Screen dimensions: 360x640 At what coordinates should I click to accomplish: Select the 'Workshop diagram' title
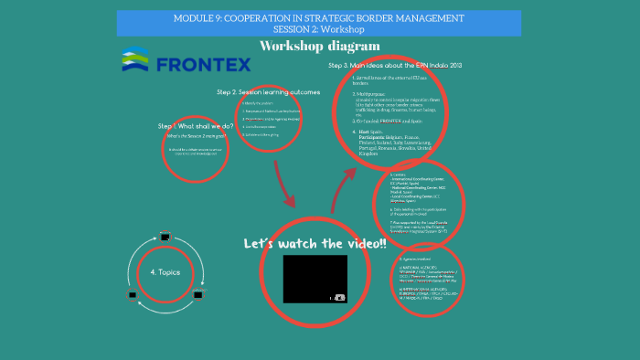pyautogui.click(x=319, y=46)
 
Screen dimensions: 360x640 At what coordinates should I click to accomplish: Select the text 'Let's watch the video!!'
pyautogui.click(x=315, y=245)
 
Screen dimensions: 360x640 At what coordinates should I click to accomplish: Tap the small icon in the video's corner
pyautogui.click(x=339, y=297)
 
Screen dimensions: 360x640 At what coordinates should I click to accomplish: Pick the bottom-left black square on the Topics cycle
pyautogui.click(x=133, y=295)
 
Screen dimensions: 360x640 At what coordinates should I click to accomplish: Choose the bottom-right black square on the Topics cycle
pyautogui.click(x=196, y=295)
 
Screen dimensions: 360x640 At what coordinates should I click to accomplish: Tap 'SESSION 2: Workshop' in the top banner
pyautogui.click(x=319, y=29)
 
